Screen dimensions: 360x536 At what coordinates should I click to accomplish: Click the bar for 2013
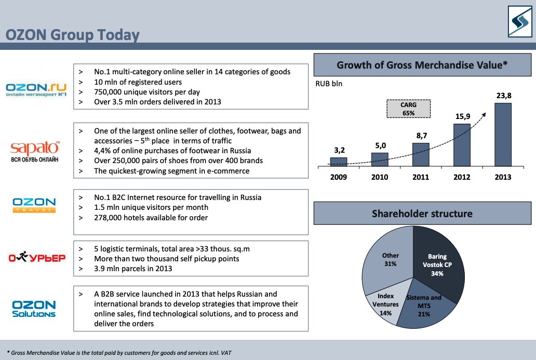503,134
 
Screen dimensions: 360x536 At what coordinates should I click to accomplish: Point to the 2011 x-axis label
421,177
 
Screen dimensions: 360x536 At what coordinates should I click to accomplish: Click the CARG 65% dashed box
408,109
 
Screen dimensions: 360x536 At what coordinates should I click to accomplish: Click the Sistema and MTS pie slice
422,306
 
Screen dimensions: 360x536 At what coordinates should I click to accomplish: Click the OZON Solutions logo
34,309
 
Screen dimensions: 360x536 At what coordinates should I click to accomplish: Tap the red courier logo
36,257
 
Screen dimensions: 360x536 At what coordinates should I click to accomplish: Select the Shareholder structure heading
422,214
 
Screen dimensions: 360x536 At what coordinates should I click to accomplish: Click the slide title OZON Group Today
72,35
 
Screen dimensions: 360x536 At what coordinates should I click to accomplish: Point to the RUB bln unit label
329,83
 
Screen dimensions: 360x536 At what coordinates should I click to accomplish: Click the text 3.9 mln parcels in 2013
132,269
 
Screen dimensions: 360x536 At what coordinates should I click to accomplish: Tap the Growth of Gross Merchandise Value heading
422,65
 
